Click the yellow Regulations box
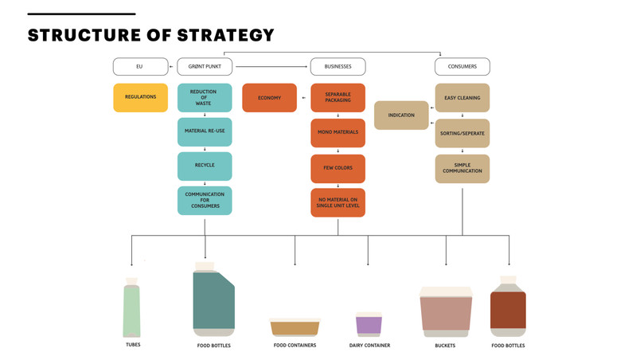pyautogui.click(x=140, y=97)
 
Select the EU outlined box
pyautogui.click(x=140, y=67)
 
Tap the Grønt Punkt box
pyautogui.click(x=205, y=67)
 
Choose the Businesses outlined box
pyautogui.click(x=338, y=67)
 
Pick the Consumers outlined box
pyautogui.click(x=462, y=67)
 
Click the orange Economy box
pyautogui.click(x=269, y=97)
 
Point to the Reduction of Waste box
pyautogui.click(x=205, y=97)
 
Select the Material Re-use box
pyautogui.click(x=205, y=132)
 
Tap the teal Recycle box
pyautogui.click(x=205, y=166)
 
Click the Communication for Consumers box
pyautogui.click(x=205, y=201)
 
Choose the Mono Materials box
pyautogui.click(x=338, y=133)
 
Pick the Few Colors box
pyautogui.click(x=338, y=168)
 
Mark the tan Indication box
pyautogui.click(x=401, y=115)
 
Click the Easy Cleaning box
pyautogui.click(x=462, y=97)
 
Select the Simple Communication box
pyautogui.click(x=462, y=168)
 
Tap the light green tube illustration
pyautogui.click(x=131, y=307)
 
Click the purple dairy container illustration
pyautogui.click(x=369, y=324)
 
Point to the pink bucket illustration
pyautogui.click(x=446, y=312)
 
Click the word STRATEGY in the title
pyautogui.click(x=226, y=35)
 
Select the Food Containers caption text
pyautogui.click(x=295, y=346)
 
